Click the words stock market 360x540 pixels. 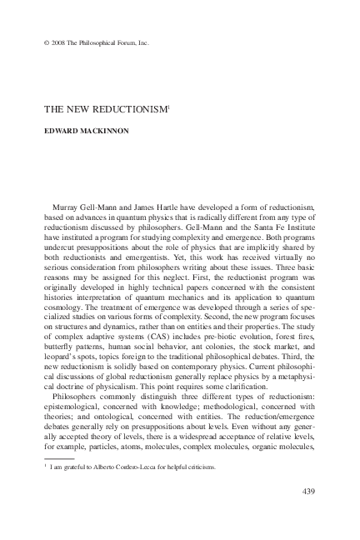[x=279, y=342]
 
